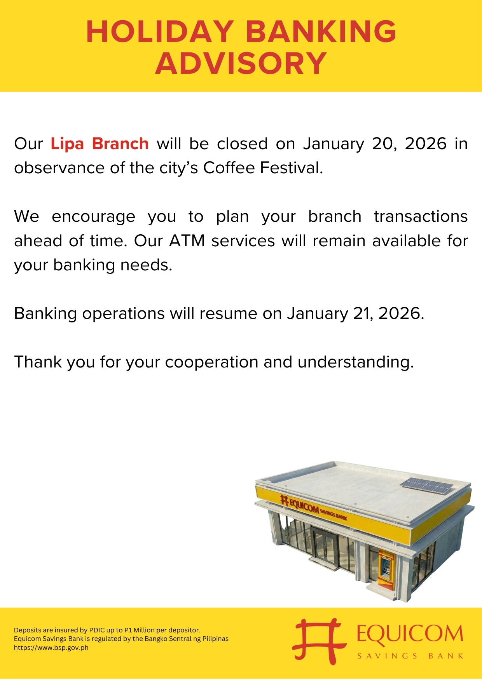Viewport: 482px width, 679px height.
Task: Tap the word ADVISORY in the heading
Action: click(241, 63)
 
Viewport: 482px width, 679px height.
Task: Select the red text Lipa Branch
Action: click(100, 144)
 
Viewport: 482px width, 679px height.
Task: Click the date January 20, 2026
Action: click(375, 144)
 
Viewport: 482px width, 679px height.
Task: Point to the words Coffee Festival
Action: click(263, 168)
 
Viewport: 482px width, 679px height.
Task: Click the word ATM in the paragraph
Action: click(187, 241)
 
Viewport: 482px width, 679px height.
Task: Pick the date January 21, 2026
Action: click(355, 313)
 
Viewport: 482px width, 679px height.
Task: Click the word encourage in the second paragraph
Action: click(93, 217)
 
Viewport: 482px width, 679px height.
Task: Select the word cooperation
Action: click(211, 362)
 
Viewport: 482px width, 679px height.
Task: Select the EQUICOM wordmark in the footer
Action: click(410, 634)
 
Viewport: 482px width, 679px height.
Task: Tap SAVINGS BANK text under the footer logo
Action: click(410, 656)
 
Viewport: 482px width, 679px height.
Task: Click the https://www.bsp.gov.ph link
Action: click(51, 648)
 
